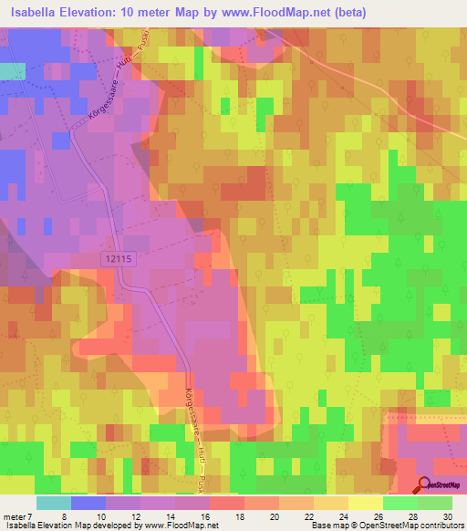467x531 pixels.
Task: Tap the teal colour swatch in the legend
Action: coord(54,503)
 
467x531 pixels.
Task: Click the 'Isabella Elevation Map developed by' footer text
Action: coord(69,525)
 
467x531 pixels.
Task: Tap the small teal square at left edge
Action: coord(11,71)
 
